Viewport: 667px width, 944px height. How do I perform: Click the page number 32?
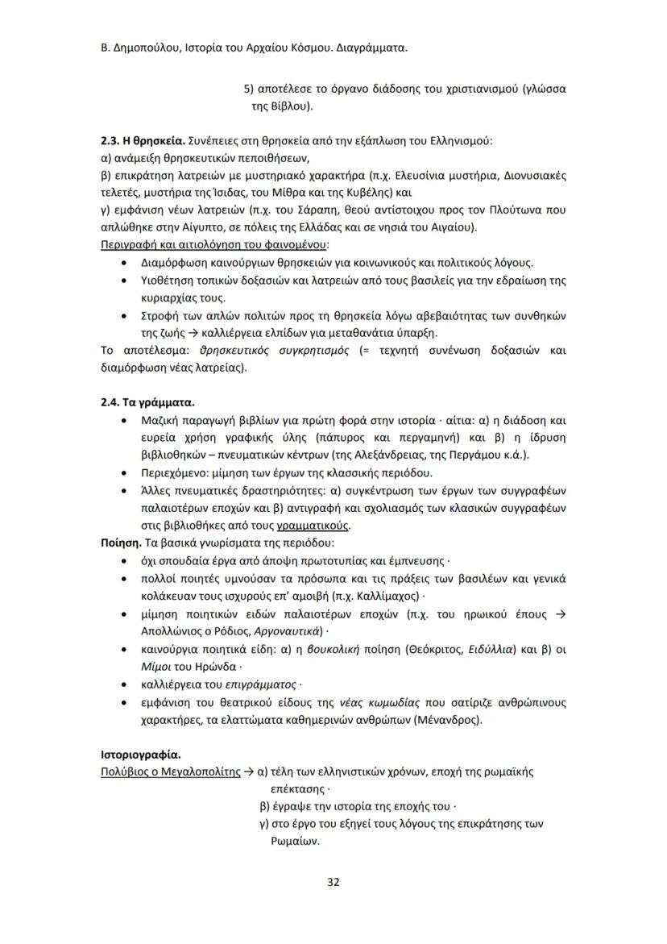pos(333,881)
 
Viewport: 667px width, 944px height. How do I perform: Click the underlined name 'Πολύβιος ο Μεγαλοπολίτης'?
pos(170,771)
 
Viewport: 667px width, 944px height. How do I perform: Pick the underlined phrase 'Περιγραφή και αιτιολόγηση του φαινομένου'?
pos(214,244)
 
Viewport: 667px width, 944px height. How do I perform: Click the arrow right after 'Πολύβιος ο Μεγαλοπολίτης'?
pos(250,771)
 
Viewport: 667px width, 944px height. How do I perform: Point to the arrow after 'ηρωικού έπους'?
pos(561,613)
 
